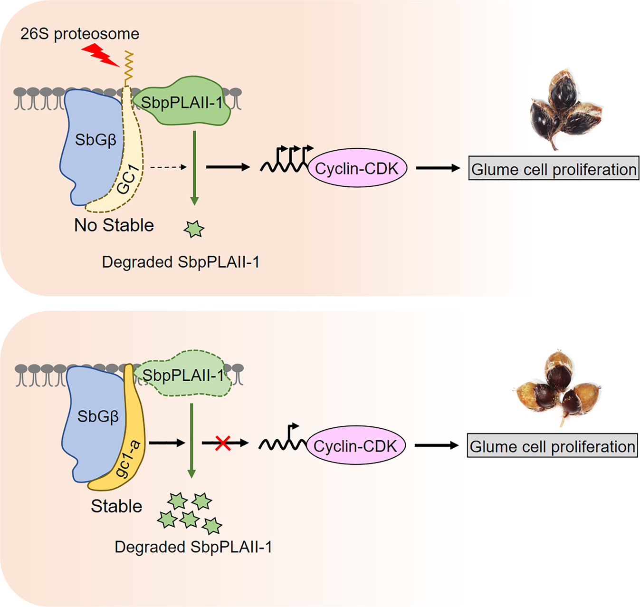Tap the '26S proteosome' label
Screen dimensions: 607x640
[x=80, y=34]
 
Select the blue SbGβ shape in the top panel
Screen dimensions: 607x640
[x=90, y=143]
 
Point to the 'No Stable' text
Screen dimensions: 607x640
[x=114, y=225]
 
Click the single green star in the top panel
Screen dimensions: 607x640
[x=194, y=229]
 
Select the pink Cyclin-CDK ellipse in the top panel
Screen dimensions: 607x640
[x=357, y=168]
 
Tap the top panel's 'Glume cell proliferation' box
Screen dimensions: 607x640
[x=554, y=168]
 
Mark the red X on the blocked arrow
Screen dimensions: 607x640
[x=223, y=443]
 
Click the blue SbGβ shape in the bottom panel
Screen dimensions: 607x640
[x=93, y=418]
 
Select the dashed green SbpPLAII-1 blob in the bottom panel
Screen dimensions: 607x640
[x=183, y=376]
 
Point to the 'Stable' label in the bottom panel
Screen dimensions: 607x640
[x=116, y=506]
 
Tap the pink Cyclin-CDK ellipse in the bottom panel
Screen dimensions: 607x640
[x=355, y=445]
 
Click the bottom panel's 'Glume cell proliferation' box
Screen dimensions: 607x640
[x=552, y=445]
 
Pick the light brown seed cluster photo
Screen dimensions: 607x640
[x=557, y=387]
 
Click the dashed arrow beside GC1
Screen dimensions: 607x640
[x=168, y=167]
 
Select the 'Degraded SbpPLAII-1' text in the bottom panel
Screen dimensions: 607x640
[x=193, y=547]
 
